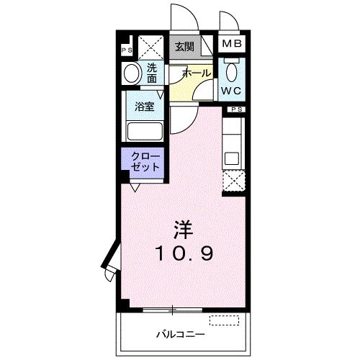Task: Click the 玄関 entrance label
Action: click(x=184, y=47)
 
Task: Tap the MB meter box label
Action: click(x=232, y=44)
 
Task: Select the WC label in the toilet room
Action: click(x=230, y=91)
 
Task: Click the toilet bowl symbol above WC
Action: click(x=232, y=70)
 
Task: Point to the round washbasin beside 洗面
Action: click(x=132, y=73)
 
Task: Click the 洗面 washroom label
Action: click(x=152, y=73)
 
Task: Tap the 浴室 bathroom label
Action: click(x=145, y=107)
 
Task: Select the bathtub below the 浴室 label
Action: click(x=145, y=131)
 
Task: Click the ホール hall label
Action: click(x=197, y=73)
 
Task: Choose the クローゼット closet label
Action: click(x=145, y=162)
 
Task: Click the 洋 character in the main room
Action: click(x=184, y=230)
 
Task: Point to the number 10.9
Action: click(x=184, y=253)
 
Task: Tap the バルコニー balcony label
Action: click(x=181, y=334)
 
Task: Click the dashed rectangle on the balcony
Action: click(x=225, y=320)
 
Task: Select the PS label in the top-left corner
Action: click(x=127, y=50)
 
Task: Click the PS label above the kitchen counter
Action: click(x=237, y=109)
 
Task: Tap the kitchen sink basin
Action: click(x=232, y=159)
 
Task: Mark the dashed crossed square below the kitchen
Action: click(x=233, y=181)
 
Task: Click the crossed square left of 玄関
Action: click(x=151, y=48)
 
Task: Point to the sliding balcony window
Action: click(x=173, y=310)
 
